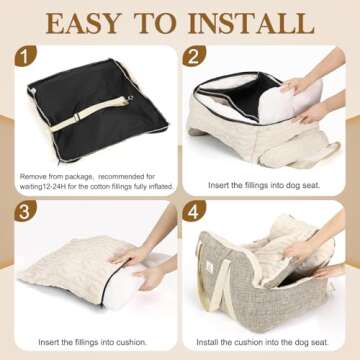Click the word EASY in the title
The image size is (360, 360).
click(83, 23)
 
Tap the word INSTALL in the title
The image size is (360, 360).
click(251, 23)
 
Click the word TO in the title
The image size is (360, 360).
click(155, 23)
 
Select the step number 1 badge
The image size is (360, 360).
click(25, 56)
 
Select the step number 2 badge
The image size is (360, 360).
click(194, 56)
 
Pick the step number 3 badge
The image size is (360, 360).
click(25, 211)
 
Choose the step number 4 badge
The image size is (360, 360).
click(194, 211)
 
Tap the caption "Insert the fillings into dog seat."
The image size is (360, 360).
click(264, 185)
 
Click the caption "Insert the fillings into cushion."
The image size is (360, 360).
click(92, 342)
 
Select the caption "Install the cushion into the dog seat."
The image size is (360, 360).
click(262, 342)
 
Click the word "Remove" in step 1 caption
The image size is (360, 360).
click(33, 176)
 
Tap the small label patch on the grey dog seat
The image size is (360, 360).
click(211, 266)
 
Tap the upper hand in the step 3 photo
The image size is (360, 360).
click(130, 256)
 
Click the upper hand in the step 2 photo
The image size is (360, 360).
click(296, 85)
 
